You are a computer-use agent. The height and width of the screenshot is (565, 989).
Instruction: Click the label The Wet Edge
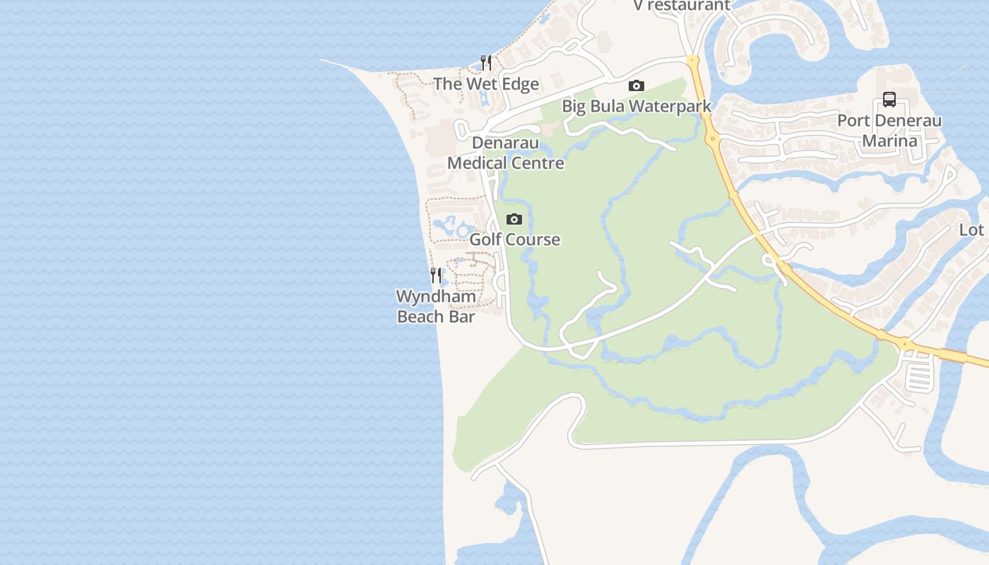pyautogui.click(x=486, y=84)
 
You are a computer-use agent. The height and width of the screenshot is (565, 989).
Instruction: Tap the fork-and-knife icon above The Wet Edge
pyautogui.click(x=486, y=63)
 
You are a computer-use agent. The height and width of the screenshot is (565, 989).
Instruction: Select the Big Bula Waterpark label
pyautogui.click(x=636, y=106)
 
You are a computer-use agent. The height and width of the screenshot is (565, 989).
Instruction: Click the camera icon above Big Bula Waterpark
pyautogui.click(x=636, y=86)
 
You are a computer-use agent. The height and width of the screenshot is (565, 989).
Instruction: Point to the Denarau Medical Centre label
pyautogui.click(x=506, y=153)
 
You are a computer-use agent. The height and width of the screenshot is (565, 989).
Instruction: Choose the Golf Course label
pyautogui.click(x=514, y=239)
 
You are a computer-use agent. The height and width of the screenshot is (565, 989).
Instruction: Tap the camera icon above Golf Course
pyautogui.click(x=514, y=220)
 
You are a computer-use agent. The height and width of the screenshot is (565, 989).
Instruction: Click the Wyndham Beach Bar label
pyautogui.click(x=436, y=306)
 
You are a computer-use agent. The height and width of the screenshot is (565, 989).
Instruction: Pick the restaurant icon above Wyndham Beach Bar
pyautogui.click(x=436, y=275)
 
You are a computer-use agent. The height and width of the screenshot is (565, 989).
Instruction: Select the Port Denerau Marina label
pyautogui.click(x=889, y=130)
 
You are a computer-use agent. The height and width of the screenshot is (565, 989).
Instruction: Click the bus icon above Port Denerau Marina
pyautogui.click(x=889, y=100)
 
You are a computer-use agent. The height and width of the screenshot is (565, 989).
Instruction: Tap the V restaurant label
pyautogui.click(x=681, y=6)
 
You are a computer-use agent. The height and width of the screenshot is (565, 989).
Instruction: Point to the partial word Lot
pyautogui.click(x=971, y=230)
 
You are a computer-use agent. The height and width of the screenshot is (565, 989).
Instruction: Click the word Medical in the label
pyautogui.click(x=477, y=163)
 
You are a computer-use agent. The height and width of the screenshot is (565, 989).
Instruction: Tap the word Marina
pyautogui.click(x=889, y=140)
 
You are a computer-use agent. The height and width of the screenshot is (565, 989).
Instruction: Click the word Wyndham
pyautogui.click(x=436, y=297)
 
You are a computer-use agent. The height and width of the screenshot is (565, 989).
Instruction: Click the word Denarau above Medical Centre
pyautogui.click(x=505, y=143)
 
